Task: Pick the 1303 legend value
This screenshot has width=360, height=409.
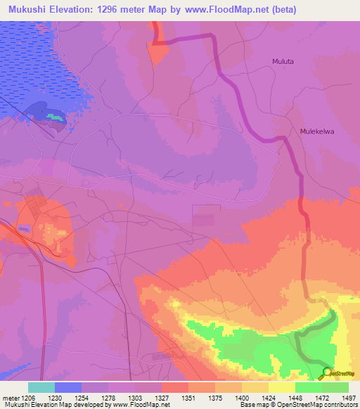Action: [136, 397]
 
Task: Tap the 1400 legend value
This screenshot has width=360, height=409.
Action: [241, 397]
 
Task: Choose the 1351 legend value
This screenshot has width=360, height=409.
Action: [188, 397]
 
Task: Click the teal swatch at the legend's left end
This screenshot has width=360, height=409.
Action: [41, 387]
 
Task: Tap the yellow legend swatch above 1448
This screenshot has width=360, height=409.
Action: [281, 387]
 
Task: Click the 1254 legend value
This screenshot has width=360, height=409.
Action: [84, 397]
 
